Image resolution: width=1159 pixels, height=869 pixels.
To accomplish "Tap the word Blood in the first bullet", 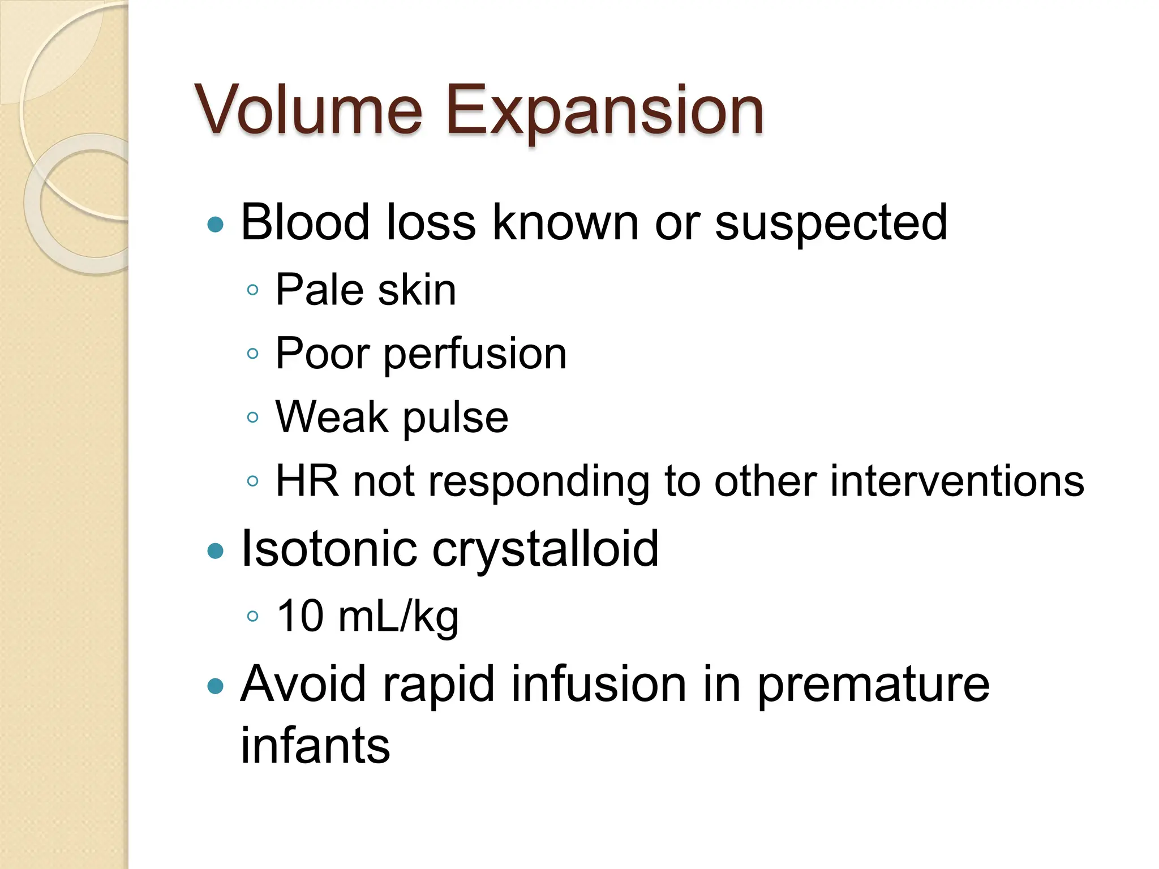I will (306, 222).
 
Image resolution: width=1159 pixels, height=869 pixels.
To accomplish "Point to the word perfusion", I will (475, 355).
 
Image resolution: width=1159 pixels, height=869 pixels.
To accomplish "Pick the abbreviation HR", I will (307, 481).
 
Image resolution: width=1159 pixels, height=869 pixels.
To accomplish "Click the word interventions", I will (957, 481).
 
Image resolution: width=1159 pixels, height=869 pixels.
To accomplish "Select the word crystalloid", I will (546, 549).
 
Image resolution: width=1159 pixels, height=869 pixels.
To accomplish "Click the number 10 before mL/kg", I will (300, 616).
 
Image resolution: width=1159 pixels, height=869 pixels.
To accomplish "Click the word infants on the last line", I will (315, 746).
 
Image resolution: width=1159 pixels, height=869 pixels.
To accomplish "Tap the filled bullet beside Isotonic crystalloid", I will (216, 550).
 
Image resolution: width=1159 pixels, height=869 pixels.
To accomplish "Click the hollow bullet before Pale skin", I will (253, 291).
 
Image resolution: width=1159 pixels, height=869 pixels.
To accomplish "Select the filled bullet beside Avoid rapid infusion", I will (216, 686).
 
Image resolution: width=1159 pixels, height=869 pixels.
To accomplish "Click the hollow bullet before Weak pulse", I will (253, 418).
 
